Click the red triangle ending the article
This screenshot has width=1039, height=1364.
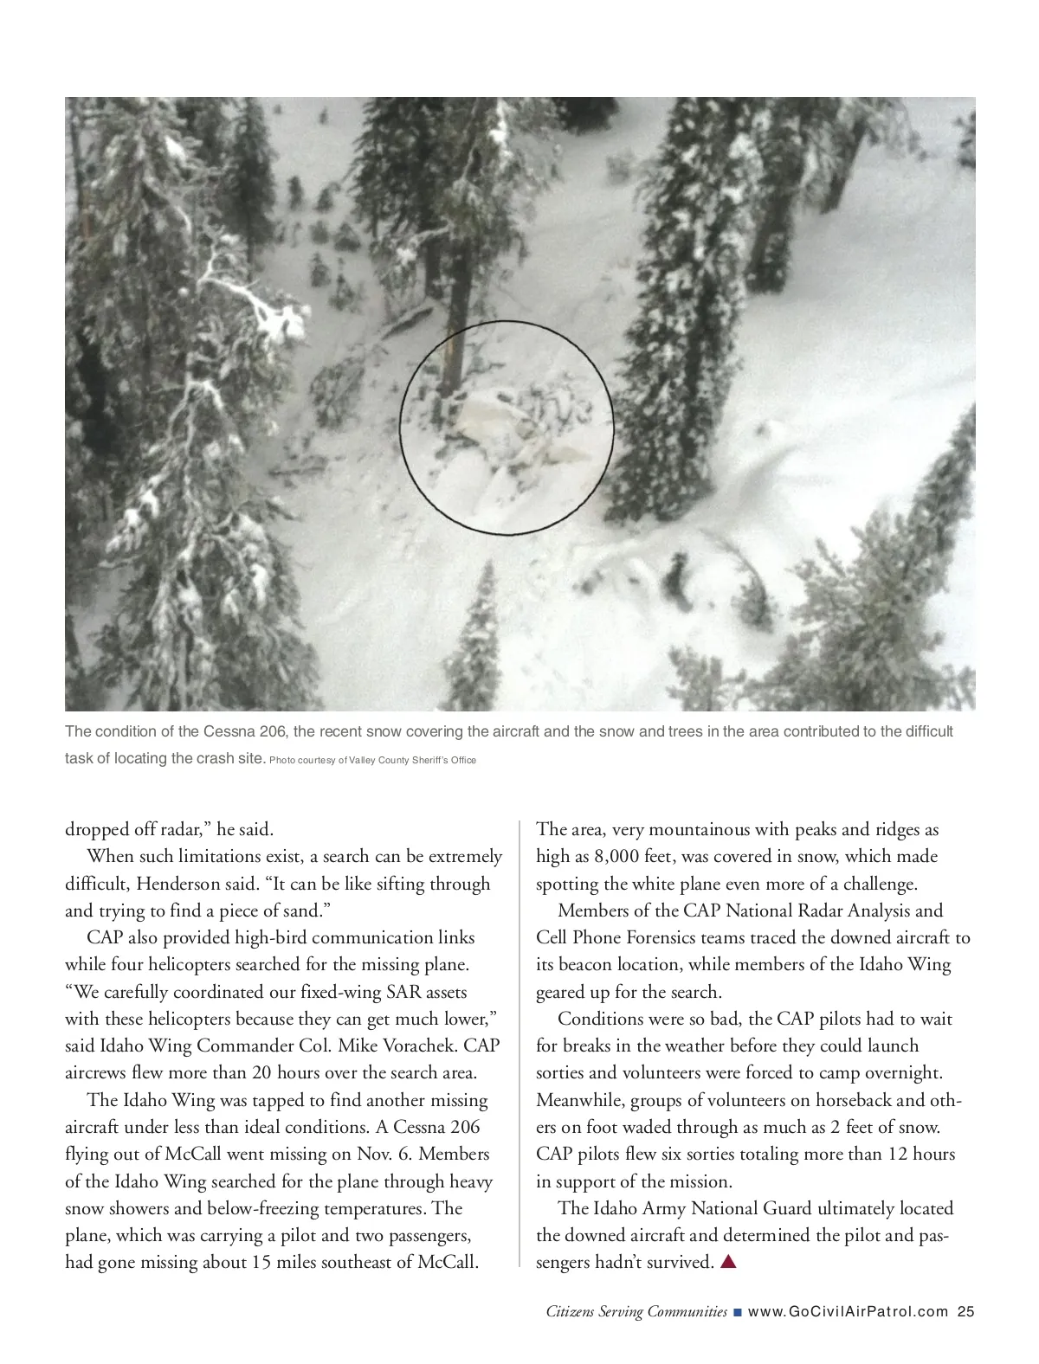pos(728,1262)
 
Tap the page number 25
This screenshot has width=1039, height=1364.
pos(966,1311)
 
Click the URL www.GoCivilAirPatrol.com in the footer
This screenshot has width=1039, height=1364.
pos(848,1311)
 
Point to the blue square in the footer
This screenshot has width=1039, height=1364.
pos(737,1312)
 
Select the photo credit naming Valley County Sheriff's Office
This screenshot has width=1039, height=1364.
pos(373,760)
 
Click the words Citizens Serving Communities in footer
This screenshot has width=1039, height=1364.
pos(636,1311)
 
